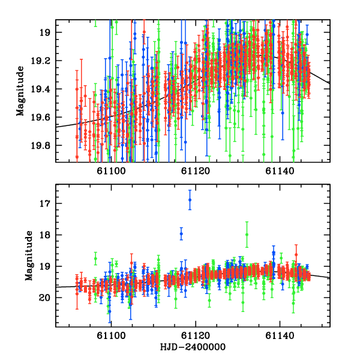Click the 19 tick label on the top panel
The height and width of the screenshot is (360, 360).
click(x=43, y=32)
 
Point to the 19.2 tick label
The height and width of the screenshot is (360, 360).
click(x=40, y=61)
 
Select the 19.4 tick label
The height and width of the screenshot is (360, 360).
click(x=40, y=89)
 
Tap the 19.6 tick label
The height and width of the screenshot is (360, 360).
click(x=40, y=117)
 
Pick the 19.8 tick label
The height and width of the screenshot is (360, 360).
click(x=40, y=145)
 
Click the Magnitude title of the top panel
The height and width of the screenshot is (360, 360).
click(x=20, y=91)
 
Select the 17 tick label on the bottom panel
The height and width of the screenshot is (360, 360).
click(x=43, y=203)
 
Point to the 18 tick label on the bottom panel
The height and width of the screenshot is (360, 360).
click(x=43, y=235)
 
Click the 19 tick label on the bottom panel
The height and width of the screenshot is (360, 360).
click(x=43, y=266)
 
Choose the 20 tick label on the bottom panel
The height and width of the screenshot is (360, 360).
click(x=43, y=297)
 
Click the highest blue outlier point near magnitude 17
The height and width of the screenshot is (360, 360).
click(x=190, y=200)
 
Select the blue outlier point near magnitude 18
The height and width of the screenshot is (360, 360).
click(x=181, y=233)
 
